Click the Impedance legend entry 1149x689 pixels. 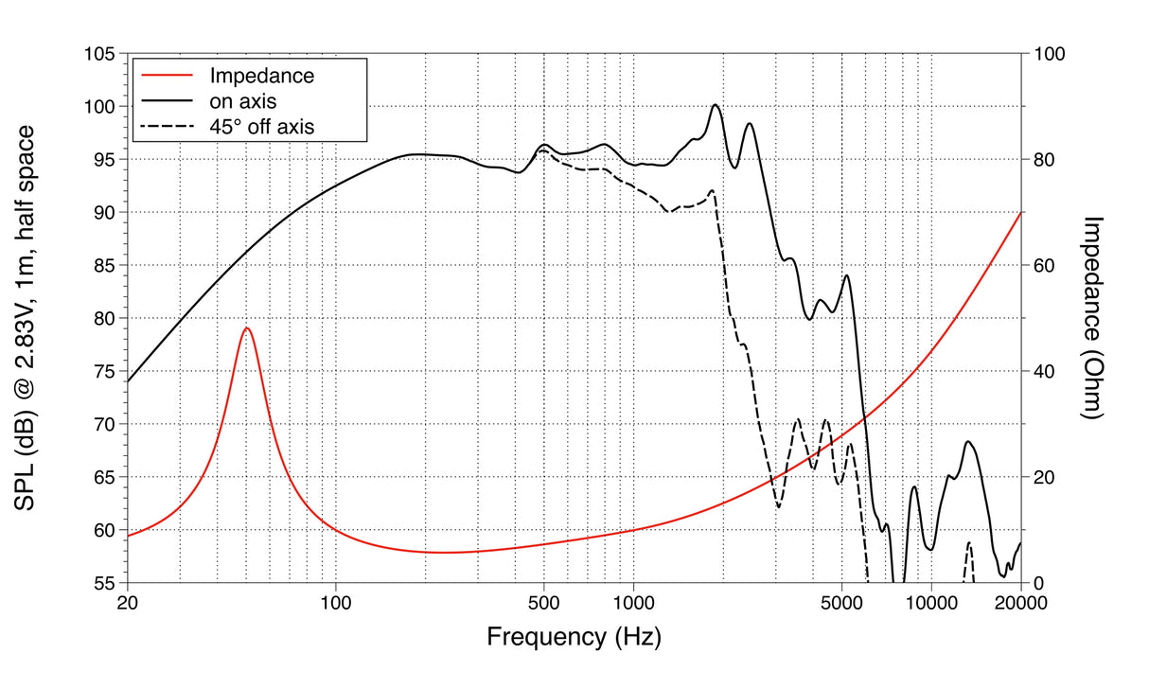point(261,75)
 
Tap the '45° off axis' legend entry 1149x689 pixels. point(261,124)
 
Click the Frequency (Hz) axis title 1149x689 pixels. point(574,636)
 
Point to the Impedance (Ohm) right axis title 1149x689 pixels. point(1093,318)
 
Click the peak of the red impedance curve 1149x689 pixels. point(247,327)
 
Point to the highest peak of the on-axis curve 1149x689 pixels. point(716,105)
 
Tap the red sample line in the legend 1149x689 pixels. point(167,75)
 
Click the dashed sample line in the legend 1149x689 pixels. point(167,124)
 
